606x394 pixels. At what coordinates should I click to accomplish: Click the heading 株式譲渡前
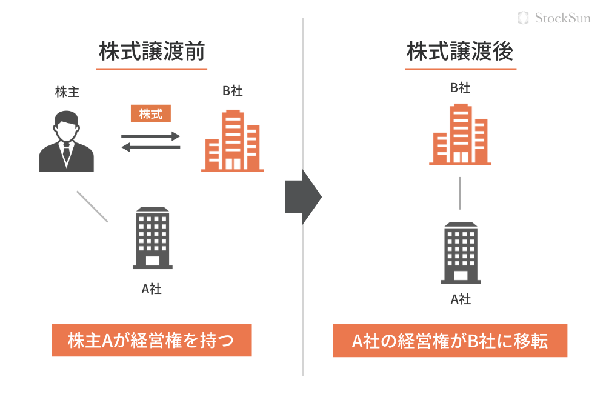151,52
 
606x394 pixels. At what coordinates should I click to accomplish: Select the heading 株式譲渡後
461,52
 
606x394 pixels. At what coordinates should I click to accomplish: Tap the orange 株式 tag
151,113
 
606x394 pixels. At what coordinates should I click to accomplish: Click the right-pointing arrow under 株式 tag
151,136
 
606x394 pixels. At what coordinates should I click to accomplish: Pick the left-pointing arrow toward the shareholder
151,147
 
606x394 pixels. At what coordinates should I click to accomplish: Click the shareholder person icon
67,142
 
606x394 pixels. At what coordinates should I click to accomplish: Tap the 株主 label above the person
67,92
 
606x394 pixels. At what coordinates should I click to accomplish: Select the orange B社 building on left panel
232,141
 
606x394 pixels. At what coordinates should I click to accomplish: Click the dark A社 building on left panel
153,238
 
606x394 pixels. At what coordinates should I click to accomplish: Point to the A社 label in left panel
151,289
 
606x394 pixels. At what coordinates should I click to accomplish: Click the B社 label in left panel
232,92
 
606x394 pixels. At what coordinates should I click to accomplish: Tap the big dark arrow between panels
303,197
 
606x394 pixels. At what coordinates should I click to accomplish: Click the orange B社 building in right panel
460,135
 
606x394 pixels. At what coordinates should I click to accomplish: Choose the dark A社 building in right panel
461,253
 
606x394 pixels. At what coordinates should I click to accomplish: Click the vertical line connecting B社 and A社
460,193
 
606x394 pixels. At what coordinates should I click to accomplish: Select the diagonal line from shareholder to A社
92,206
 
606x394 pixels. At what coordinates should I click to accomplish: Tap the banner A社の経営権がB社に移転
450,341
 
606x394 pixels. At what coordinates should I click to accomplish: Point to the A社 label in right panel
461,299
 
